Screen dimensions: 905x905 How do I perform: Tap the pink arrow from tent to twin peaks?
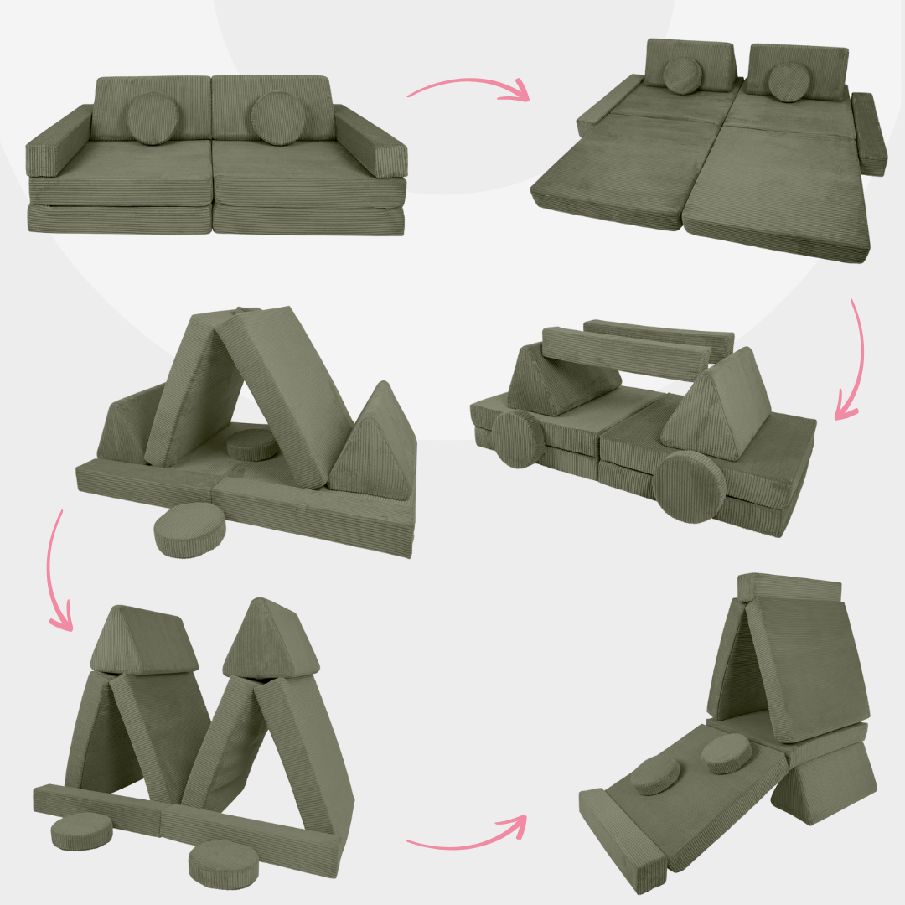click(57, 570)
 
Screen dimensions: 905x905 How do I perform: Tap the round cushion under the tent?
click(253, 446)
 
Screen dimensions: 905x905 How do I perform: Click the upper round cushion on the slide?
click(726, 754)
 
